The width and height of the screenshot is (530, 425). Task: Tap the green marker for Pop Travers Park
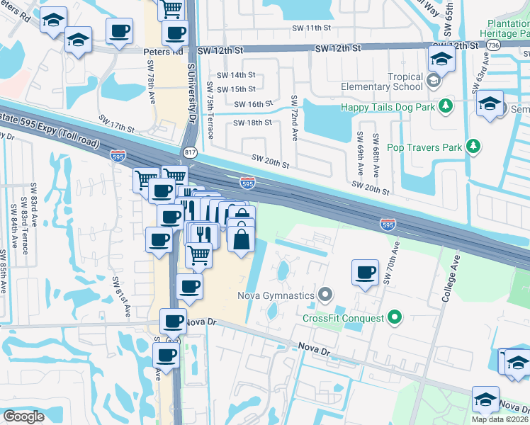pos(473,147)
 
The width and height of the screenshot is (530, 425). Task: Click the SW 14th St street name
pos(236,75)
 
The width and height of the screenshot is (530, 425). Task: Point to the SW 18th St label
pos(253,123)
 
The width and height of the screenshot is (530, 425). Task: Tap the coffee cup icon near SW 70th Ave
pos(366,273)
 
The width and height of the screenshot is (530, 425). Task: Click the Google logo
pos(23,416)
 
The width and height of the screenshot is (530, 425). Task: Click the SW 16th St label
pos(254,104)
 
